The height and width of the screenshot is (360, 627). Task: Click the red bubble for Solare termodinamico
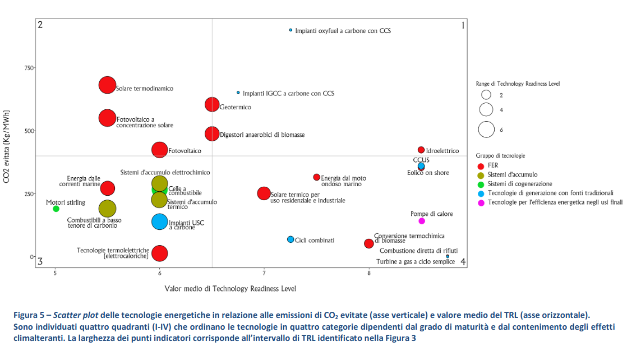[x=107, y=85]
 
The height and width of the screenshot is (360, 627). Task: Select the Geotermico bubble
[x=212, y=104]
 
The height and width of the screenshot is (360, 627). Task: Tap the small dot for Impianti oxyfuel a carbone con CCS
[x=291, y=30]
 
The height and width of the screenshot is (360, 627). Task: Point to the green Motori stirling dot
[x=56, y=209]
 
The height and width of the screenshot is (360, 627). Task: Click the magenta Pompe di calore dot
[x=422, y=221]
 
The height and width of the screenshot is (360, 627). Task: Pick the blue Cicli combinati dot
[x=291, y=239]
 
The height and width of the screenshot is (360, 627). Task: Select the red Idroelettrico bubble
[x=421, y=150]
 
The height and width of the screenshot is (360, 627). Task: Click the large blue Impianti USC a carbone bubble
[x=160, y=221]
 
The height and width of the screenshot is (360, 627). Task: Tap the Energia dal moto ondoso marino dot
[x=317, y=177]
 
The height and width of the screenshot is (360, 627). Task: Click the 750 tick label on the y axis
[x=27, y=68]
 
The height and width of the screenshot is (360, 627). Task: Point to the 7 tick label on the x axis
[x=264, y=273]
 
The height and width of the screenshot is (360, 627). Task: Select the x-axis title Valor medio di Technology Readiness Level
[x=230, y=289]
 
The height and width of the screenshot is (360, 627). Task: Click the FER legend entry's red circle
[x=481, y=166]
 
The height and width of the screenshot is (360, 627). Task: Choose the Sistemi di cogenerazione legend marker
[x=481, y=184]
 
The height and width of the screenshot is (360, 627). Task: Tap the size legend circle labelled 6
[x=486, y=130]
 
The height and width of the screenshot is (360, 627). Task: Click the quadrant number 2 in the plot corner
[x=40, y=25]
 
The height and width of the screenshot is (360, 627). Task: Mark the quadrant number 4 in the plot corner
[x=463, y=262]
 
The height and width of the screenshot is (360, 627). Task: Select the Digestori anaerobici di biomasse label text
[x=262, y=135]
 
